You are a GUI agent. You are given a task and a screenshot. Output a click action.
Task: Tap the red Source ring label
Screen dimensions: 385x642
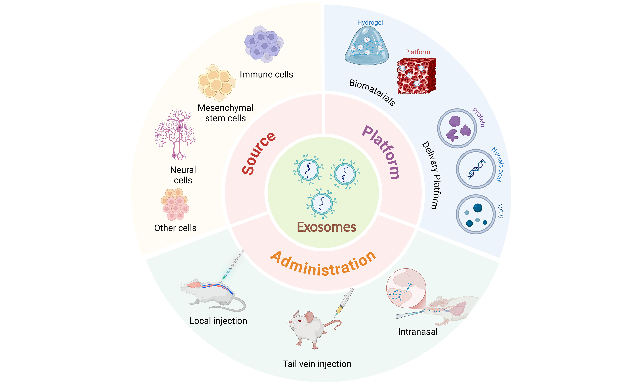(x=258, y=153)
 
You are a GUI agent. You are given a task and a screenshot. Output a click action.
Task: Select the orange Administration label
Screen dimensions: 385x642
(x=323, y=265)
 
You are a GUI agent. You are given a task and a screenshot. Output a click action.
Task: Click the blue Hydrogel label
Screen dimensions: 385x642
(x=370, y=23)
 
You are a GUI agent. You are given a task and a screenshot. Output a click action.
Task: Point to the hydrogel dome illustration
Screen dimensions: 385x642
(x=367, y=47)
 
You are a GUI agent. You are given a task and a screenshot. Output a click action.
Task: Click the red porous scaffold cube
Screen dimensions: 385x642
(x=416, y=76)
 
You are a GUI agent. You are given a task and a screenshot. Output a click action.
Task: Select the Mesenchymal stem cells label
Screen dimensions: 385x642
(x=225, y=113)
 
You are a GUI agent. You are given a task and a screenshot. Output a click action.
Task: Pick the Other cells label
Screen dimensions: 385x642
(x=175, y=228)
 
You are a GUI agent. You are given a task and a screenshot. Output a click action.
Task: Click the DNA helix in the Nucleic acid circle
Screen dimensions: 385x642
(x=476, y=169)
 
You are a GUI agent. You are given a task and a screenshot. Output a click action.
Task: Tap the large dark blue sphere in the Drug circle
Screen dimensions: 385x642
(x=478, y=208)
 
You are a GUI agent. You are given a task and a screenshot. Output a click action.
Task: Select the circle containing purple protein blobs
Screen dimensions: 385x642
(x=457, y=128)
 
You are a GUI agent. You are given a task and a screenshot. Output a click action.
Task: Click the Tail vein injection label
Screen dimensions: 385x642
(x=317, y=364)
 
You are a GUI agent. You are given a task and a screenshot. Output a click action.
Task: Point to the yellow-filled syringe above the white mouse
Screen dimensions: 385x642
(x=344, y=302)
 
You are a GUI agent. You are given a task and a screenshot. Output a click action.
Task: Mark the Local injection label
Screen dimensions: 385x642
(x=218, y=321)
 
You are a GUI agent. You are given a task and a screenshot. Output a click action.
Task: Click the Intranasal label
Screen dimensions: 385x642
(x=418, y=332)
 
